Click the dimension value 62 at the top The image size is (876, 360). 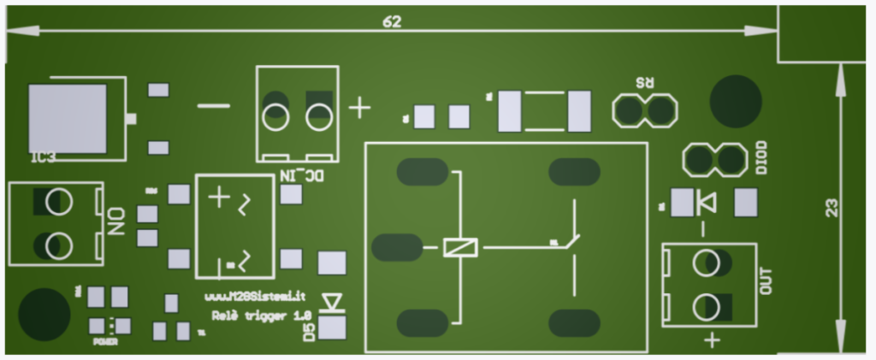point(392,22)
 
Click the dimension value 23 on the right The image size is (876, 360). point(831,208)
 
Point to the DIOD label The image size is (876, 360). point(761,157)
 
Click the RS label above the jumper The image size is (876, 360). point(645,84)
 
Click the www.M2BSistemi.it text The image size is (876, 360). point(256,298)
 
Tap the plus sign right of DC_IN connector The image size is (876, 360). point(360,109)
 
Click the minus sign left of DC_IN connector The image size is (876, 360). point(213,106)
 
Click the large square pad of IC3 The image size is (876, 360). point(68,118)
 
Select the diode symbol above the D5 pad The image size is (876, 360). point(331,301)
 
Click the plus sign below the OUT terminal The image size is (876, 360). point(712,341)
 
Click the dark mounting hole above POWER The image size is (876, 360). point(44,314)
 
